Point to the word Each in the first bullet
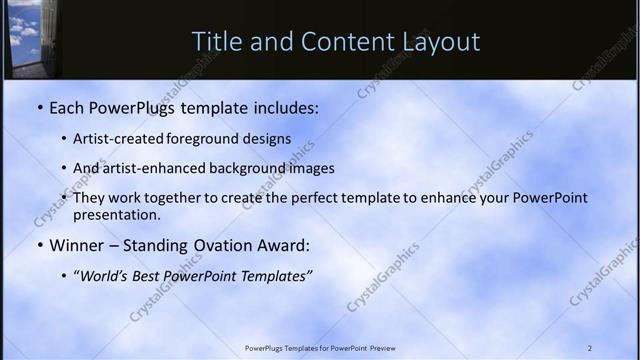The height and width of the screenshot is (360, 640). tap(69, 106)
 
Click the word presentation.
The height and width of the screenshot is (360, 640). tap(116, 214)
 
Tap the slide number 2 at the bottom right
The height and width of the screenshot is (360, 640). tap(590, 348)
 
